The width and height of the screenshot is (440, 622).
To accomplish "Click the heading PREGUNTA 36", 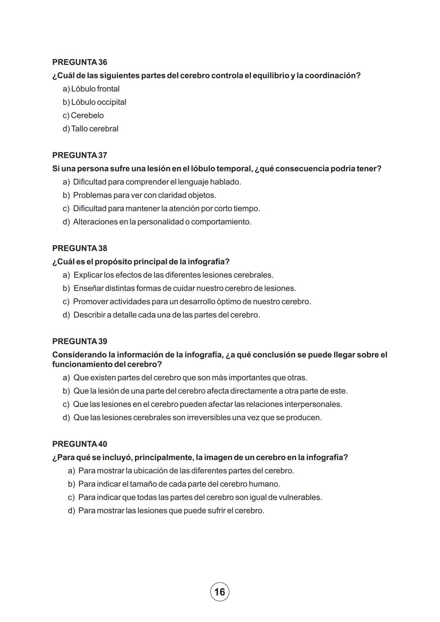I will click(80, 62).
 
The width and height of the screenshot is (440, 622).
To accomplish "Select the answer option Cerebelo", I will click(84, 116).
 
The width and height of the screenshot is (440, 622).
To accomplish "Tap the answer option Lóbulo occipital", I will click(95, 102).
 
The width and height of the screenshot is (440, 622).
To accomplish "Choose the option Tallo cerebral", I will click(91, 129).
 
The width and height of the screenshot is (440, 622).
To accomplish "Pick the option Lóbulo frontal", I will click(91, 89).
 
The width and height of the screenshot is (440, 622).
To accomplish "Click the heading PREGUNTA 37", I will click(80, 155).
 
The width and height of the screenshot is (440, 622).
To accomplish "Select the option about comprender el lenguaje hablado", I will click(152, 182).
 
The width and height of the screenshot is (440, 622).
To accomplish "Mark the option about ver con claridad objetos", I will click(140, 196).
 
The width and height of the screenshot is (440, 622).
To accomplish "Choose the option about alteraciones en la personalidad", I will click(157, 222).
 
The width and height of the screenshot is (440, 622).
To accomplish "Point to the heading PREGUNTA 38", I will click(80, 248).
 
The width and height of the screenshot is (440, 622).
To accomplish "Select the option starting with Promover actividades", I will click(187, 302).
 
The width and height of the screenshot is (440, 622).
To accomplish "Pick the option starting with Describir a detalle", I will click(162, 315).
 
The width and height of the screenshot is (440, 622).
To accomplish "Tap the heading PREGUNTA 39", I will click(80, 341).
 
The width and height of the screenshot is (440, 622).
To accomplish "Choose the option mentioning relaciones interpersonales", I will click(202, 404).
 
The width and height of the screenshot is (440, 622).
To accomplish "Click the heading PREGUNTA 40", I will click(80, 444).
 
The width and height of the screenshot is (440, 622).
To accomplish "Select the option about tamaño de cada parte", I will click(174, 484).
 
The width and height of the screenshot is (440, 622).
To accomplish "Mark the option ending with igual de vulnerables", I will click(195, 498).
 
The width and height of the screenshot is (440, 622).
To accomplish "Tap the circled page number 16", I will click(220, 592).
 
